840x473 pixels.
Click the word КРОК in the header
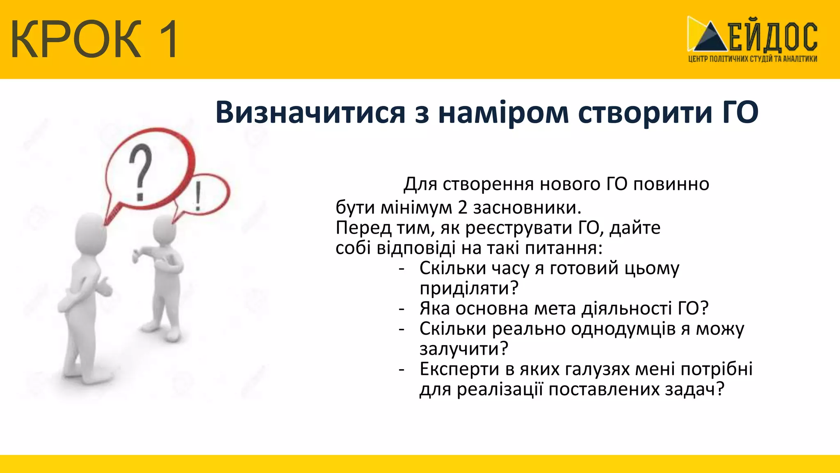76,39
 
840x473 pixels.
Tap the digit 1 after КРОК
166,39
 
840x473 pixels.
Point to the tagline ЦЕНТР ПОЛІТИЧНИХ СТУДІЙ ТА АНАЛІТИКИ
752,59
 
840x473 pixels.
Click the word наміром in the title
503,112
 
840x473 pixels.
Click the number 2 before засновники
463,208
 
